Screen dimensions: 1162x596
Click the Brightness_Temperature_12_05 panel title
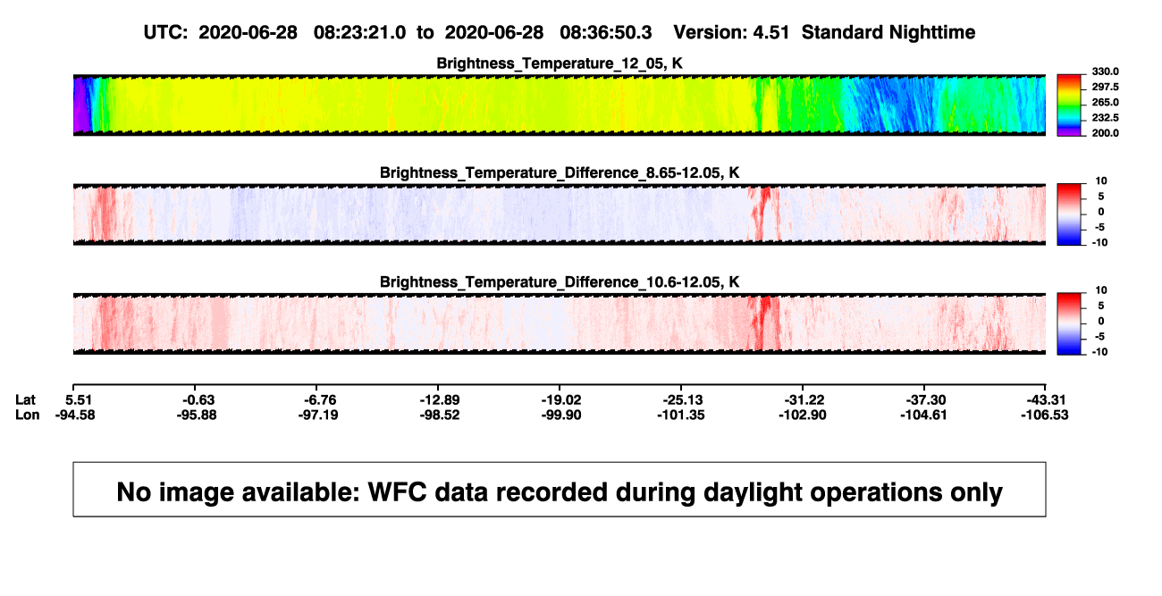tap(560, 63)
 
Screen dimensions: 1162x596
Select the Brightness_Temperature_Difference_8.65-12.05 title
tap(560, 172)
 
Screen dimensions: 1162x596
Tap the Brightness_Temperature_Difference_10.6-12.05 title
tap(560, 282)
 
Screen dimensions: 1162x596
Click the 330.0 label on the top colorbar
tap(1105, 71)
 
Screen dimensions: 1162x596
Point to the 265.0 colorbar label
tap(1105, 102)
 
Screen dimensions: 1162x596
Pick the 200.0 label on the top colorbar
tap(1105, 133)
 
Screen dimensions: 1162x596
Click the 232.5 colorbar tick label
tap(1105, 118)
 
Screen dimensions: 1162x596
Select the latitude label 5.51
tap(79, 400)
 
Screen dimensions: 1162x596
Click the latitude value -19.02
tap(561, 400)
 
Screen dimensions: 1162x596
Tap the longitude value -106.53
tap(1045, 415)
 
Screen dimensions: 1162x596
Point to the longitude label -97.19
tap(318, 415)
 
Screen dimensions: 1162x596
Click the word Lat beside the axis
tap(25, 400)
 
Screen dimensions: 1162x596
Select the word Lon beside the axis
tap(27, 415)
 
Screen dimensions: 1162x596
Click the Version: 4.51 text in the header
tap(731, 32)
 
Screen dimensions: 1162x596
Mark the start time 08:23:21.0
tap(359, 32)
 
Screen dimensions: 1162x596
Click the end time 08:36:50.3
tap(606, 32)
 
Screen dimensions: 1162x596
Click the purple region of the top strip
tap(80, 105)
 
